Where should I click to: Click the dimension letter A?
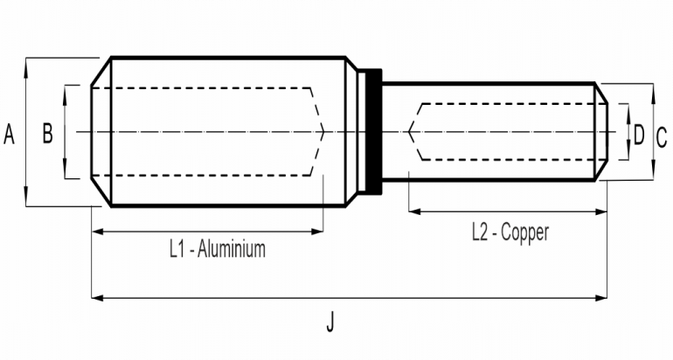pyautogui.click(x=10, y=134)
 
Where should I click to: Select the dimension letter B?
pyautogui.click(x=47, y=133)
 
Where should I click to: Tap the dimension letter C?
pyautogui.click(x=662, y=135)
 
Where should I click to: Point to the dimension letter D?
pyautogui.click(x=639, y=135)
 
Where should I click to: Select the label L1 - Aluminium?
pyautogui.click(x=217, y=249)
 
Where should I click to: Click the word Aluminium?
pyautogui.click(x=232, y=249)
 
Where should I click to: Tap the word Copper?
pyautogui.click(x=526, y=232)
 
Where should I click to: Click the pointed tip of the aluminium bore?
pyautogui.click(x=324, y=132)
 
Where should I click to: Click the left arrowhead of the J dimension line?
pyautogui.click(x=95, y=299)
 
